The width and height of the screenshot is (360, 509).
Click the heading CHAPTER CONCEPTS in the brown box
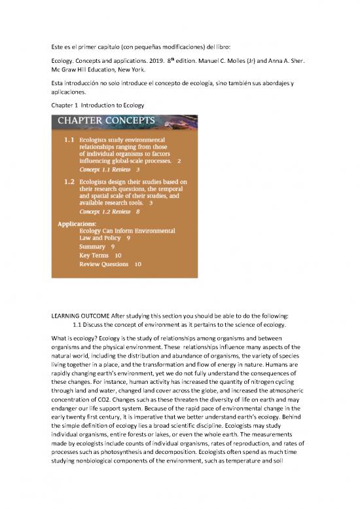point(106,121)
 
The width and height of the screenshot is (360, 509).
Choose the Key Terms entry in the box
point(95,255)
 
